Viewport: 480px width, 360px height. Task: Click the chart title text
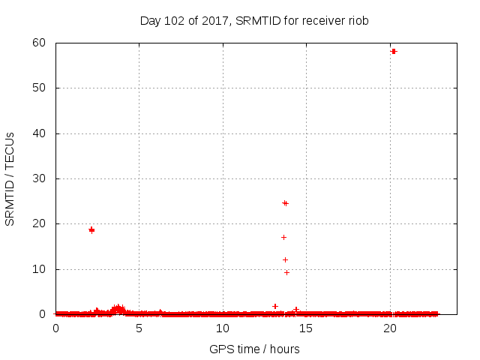(254, 20)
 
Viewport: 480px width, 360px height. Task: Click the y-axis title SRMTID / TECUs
(10, 179)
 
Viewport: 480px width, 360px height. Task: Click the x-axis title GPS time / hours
(254, 349)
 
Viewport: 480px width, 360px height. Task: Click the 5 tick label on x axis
(139, 328)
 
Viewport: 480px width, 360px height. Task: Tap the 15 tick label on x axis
(306, 328)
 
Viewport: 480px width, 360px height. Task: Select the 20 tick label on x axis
(389, 328)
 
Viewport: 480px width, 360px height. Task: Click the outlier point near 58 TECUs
(394, 51)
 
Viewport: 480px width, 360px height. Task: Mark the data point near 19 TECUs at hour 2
(91, 230)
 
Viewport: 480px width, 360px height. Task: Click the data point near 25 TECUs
(285, 203)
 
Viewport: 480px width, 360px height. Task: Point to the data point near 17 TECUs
(283, 237)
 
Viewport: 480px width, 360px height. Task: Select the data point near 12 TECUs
(285, 259)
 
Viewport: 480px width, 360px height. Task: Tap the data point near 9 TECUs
(286, 272)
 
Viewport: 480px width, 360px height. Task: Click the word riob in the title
(358, 20)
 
